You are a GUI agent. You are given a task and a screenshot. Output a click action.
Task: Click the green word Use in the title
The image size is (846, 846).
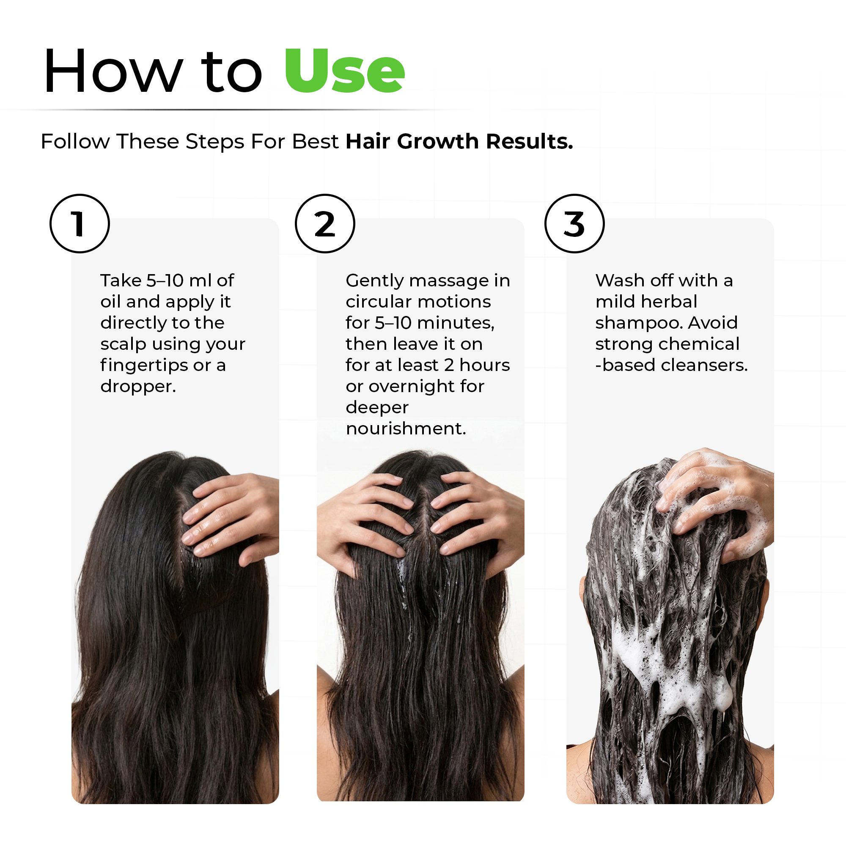(x=344, y=71)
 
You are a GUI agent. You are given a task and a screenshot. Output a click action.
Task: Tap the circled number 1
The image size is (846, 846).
(x=79, y=224)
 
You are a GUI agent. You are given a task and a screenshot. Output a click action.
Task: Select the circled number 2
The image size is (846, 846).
(x=324, y=224)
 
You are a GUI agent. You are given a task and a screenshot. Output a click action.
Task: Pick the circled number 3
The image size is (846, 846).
(x=574, y=224)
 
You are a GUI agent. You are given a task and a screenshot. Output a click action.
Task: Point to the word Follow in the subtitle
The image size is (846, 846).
(x=75, y=142)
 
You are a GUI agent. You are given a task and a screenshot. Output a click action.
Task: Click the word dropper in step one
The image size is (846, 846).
(x=137, y=387)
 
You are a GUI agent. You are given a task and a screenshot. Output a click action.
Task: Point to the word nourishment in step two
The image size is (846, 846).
(x=405, y=428)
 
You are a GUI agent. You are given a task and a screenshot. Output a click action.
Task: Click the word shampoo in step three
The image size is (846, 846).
(x=638, y=323)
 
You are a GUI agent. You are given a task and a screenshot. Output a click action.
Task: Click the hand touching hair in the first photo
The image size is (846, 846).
(x=232, y=517)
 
